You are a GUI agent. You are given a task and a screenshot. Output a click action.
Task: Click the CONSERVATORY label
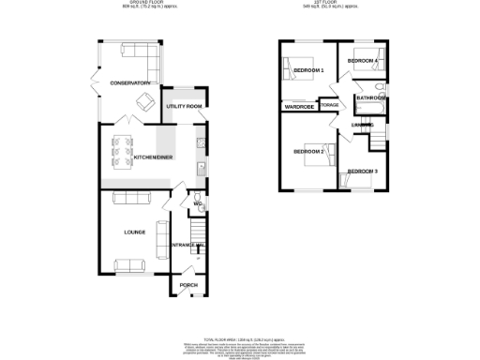[x=130, y=83]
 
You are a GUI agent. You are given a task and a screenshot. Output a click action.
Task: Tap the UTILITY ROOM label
[x=185, y=107]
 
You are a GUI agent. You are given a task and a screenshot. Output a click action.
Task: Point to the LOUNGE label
[x=128, y=230]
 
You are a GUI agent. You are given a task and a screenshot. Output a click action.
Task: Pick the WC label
[x=198, y=203]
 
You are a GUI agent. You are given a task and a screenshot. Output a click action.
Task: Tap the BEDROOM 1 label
[x=307, y=71]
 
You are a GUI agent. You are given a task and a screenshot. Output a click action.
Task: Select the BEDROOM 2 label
[x=307, y=151]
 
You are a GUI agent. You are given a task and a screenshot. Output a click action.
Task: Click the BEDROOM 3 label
[x=362, y=172]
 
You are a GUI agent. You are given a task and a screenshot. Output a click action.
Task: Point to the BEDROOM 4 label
[x=363, y=61]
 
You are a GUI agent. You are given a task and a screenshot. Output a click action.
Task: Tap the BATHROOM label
[x=370, y=97]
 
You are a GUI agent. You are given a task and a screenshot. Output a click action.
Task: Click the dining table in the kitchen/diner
[x=121, y=148]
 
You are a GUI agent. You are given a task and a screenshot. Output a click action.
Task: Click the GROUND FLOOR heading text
[x=130, y=4]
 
